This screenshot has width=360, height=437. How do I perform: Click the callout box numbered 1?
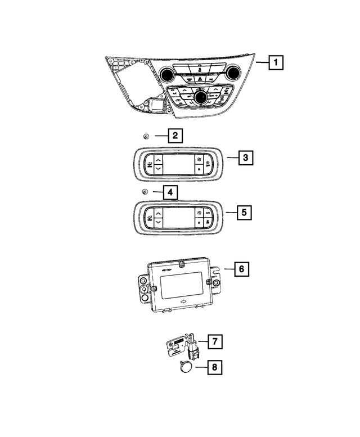(276, 61)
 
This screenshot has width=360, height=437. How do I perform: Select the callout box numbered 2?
(175, 136)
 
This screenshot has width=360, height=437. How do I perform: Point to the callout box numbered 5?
(244, 213)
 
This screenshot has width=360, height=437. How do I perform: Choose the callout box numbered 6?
(241, 269)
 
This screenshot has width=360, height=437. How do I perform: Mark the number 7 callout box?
(215, 341)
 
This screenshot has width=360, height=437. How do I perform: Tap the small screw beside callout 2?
(145, 136)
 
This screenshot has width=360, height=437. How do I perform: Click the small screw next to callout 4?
(145, 193)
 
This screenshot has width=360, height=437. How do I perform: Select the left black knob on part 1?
(167, 74)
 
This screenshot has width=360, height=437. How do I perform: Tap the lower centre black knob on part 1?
(201, 98)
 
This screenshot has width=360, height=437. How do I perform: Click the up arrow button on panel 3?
(158, 159)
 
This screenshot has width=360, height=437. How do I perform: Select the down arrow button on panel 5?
(158, 223)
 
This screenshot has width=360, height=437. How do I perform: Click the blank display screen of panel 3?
(178, 164)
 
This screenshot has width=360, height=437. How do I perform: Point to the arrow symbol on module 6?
(183, 304)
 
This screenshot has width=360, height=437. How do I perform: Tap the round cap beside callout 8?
(186, 368)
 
